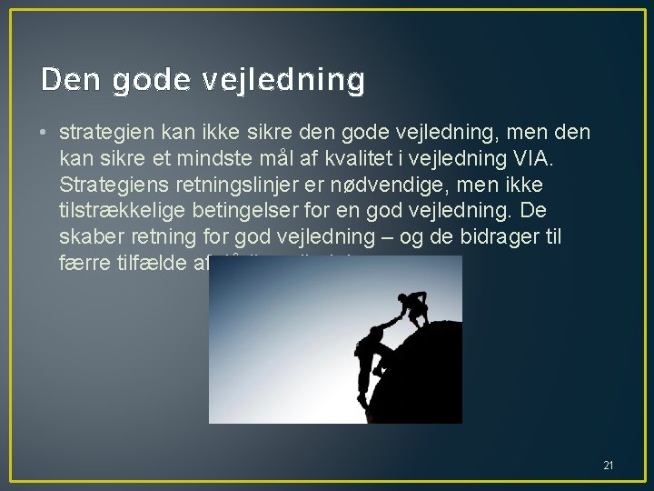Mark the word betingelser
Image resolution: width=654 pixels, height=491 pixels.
[257, 212]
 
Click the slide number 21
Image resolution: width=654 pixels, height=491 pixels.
[608, 466]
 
